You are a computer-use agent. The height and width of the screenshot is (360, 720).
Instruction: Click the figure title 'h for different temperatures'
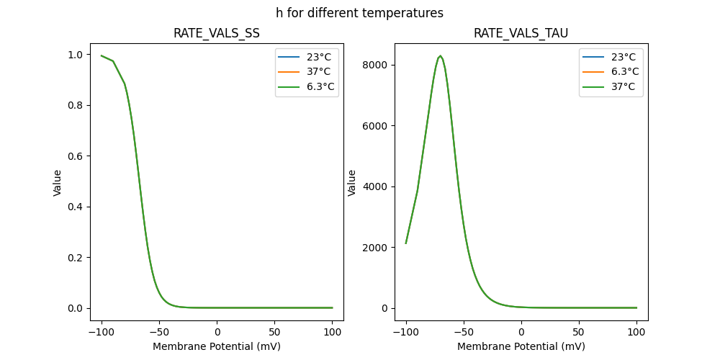pos(359,13)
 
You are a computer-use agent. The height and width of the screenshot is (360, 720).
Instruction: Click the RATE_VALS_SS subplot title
pos(217,33)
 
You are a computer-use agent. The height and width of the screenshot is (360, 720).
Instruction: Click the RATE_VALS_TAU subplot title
pos(521,33)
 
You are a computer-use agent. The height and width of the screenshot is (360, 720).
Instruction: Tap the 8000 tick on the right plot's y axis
pos(374,65)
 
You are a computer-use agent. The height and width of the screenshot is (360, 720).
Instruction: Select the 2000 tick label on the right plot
pos(374,248)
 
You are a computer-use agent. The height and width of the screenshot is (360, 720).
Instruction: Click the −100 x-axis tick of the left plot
pos(102,332)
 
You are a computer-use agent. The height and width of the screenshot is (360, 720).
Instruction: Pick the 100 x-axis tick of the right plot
pos(636,332)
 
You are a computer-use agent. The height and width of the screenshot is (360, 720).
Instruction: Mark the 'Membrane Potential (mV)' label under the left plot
pos(217,346)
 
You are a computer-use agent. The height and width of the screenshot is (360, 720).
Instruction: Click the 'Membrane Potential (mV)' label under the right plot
pos(521,346)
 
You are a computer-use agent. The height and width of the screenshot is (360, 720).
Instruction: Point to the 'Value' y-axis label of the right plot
pos(353,182)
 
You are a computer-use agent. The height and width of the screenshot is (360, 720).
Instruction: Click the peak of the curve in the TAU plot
pos(440,56)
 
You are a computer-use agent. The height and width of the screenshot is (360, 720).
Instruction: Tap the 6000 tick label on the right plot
pos(374,126)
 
